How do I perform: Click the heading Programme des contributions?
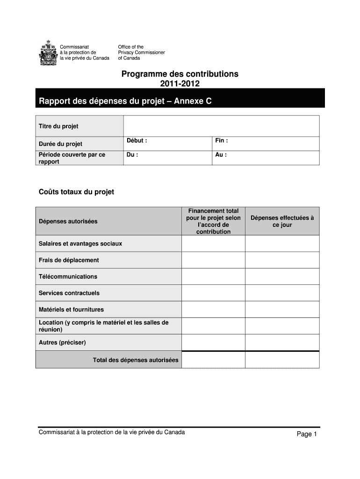[180, 74]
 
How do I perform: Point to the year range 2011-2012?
[180, 84]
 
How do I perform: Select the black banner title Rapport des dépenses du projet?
[125, 100]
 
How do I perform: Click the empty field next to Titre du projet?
[221, 126]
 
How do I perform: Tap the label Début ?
[137, 140]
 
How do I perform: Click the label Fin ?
[222, 140]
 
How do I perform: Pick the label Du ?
[132, 154]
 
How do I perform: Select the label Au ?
[221, 154]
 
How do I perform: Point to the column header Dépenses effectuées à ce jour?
[282, 221]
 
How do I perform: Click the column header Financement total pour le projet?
[213, 221]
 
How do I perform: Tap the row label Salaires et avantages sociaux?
[80, 244]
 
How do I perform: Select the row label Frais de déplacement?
[69, 260]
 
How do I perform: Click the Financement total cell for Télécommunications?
[213, 276]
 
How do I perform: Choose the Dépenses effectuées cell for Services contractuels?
[282, 293]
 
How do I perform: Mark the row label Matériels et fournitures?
[71, 309]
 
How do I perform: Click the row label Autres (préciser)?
[62, 342]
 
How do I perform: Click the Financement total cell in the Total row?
[213, 360]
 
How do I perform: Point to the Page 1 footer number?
[307, 434]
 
